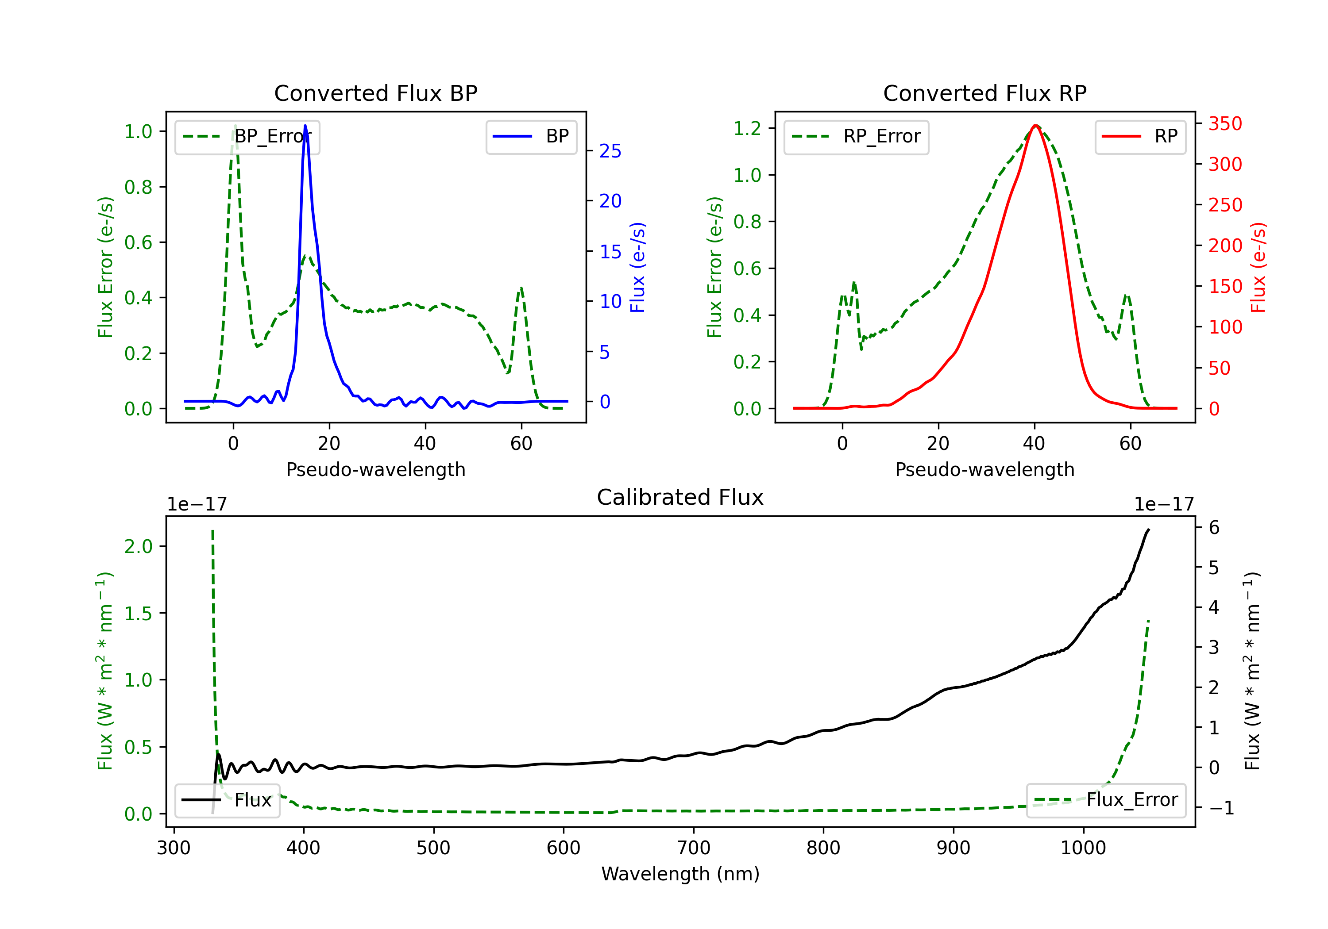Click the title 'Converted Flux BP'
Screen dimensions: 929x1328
click(375, 93)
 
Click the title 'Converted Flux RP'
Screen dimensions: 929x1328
click(984, 93)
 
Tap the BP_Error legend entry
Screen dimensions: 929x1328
click(247, 137)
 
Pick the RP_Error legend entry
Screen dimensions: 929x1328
click(857, 137)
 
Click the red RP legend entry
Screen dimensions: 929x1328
click(1140, 137)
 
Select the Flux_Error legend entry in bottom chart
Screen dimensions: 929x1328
click(1106, 800)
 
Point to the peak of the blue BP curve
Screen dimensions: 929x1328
click(305, 126)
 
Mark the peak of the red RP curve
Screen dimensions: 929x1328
click(1035, 126)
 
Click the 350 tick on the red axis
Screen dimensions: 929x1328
click(1225, 124)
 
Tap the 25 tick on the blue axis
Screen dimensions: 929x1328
click(610, 151)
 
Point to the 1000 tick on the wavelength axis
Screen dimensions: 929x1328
click(1083, 848)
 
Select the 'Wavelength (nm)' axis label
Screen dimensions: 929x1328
click(680, 874)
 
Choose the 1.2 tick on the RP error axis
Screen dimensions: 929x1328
click(747, 128)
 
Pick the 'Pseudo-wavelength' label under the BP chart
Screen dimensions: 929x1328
click(375, 469)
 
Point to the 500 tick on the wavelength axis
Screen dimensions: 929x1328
click(433, 848)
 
